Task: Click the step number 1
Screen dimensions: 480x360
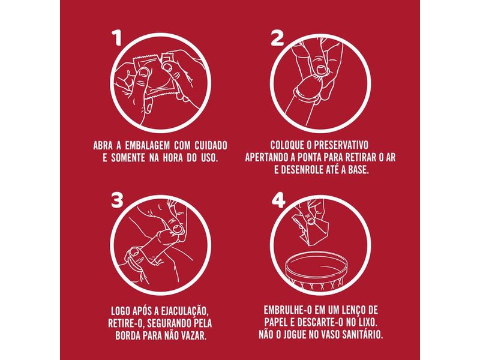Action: pyautogui.click(x=118, y=39)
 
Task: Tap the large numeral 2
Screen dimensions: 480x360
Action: pyautogui.click(x=277, y=39)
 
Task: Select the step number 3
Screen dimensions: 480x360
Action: pyautogui.click(x=117, y=200)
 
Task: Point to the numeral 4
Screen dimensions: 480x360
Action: pyautogui.click(x=278, y=200)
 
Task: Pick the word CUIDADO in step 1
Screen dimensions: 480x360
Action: pyautogui.click(x=211, y=145)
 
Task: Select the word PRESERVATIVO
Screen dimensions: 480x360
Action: pyautogui.click(x=341, y=145)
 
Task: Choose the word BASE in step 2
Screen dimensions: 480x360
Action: pyautogui.click(x=358, y=170)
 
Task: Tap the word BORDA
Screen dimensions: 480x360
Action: pyautogui.click(x=128, y=336)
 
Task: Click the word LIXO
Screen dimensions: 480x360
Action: pyautogui.click(x=367, y=322)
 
